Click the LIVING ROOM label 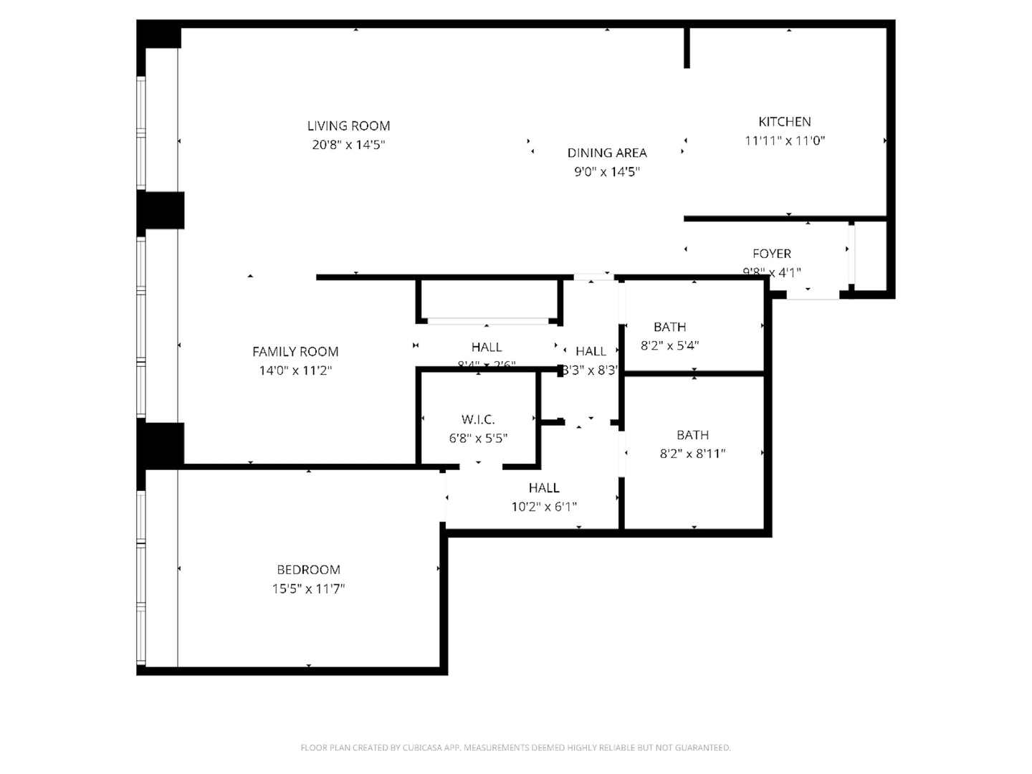pos(348,126)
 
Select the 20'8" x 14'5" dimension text pos(348,145)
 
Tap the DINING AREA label pos(607,153)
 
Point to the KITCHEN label pos(785,122)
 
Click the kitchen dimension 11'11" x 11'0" pos(785,141)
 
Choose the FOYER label pos(772,254)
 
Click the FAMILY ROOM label pos(295,352)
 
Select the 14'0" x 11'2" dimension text pos(295,371)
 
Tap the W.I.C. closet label pos(478,419)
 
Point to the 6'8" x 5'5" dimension pos(478,438)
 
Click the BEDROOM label pos(308,570)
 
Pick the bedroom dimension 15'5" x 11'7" pos(308,589)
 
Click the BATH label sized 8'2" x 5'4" pos(669,327)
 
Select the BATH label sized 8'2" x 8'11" pos(692,435)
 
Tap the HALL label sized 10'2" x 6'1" pos(544,488)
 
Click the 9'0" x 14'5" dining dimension pos(607,172)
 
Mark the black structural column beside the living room pos(161,210)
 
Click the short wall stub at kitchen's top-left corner pos(687,48)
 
